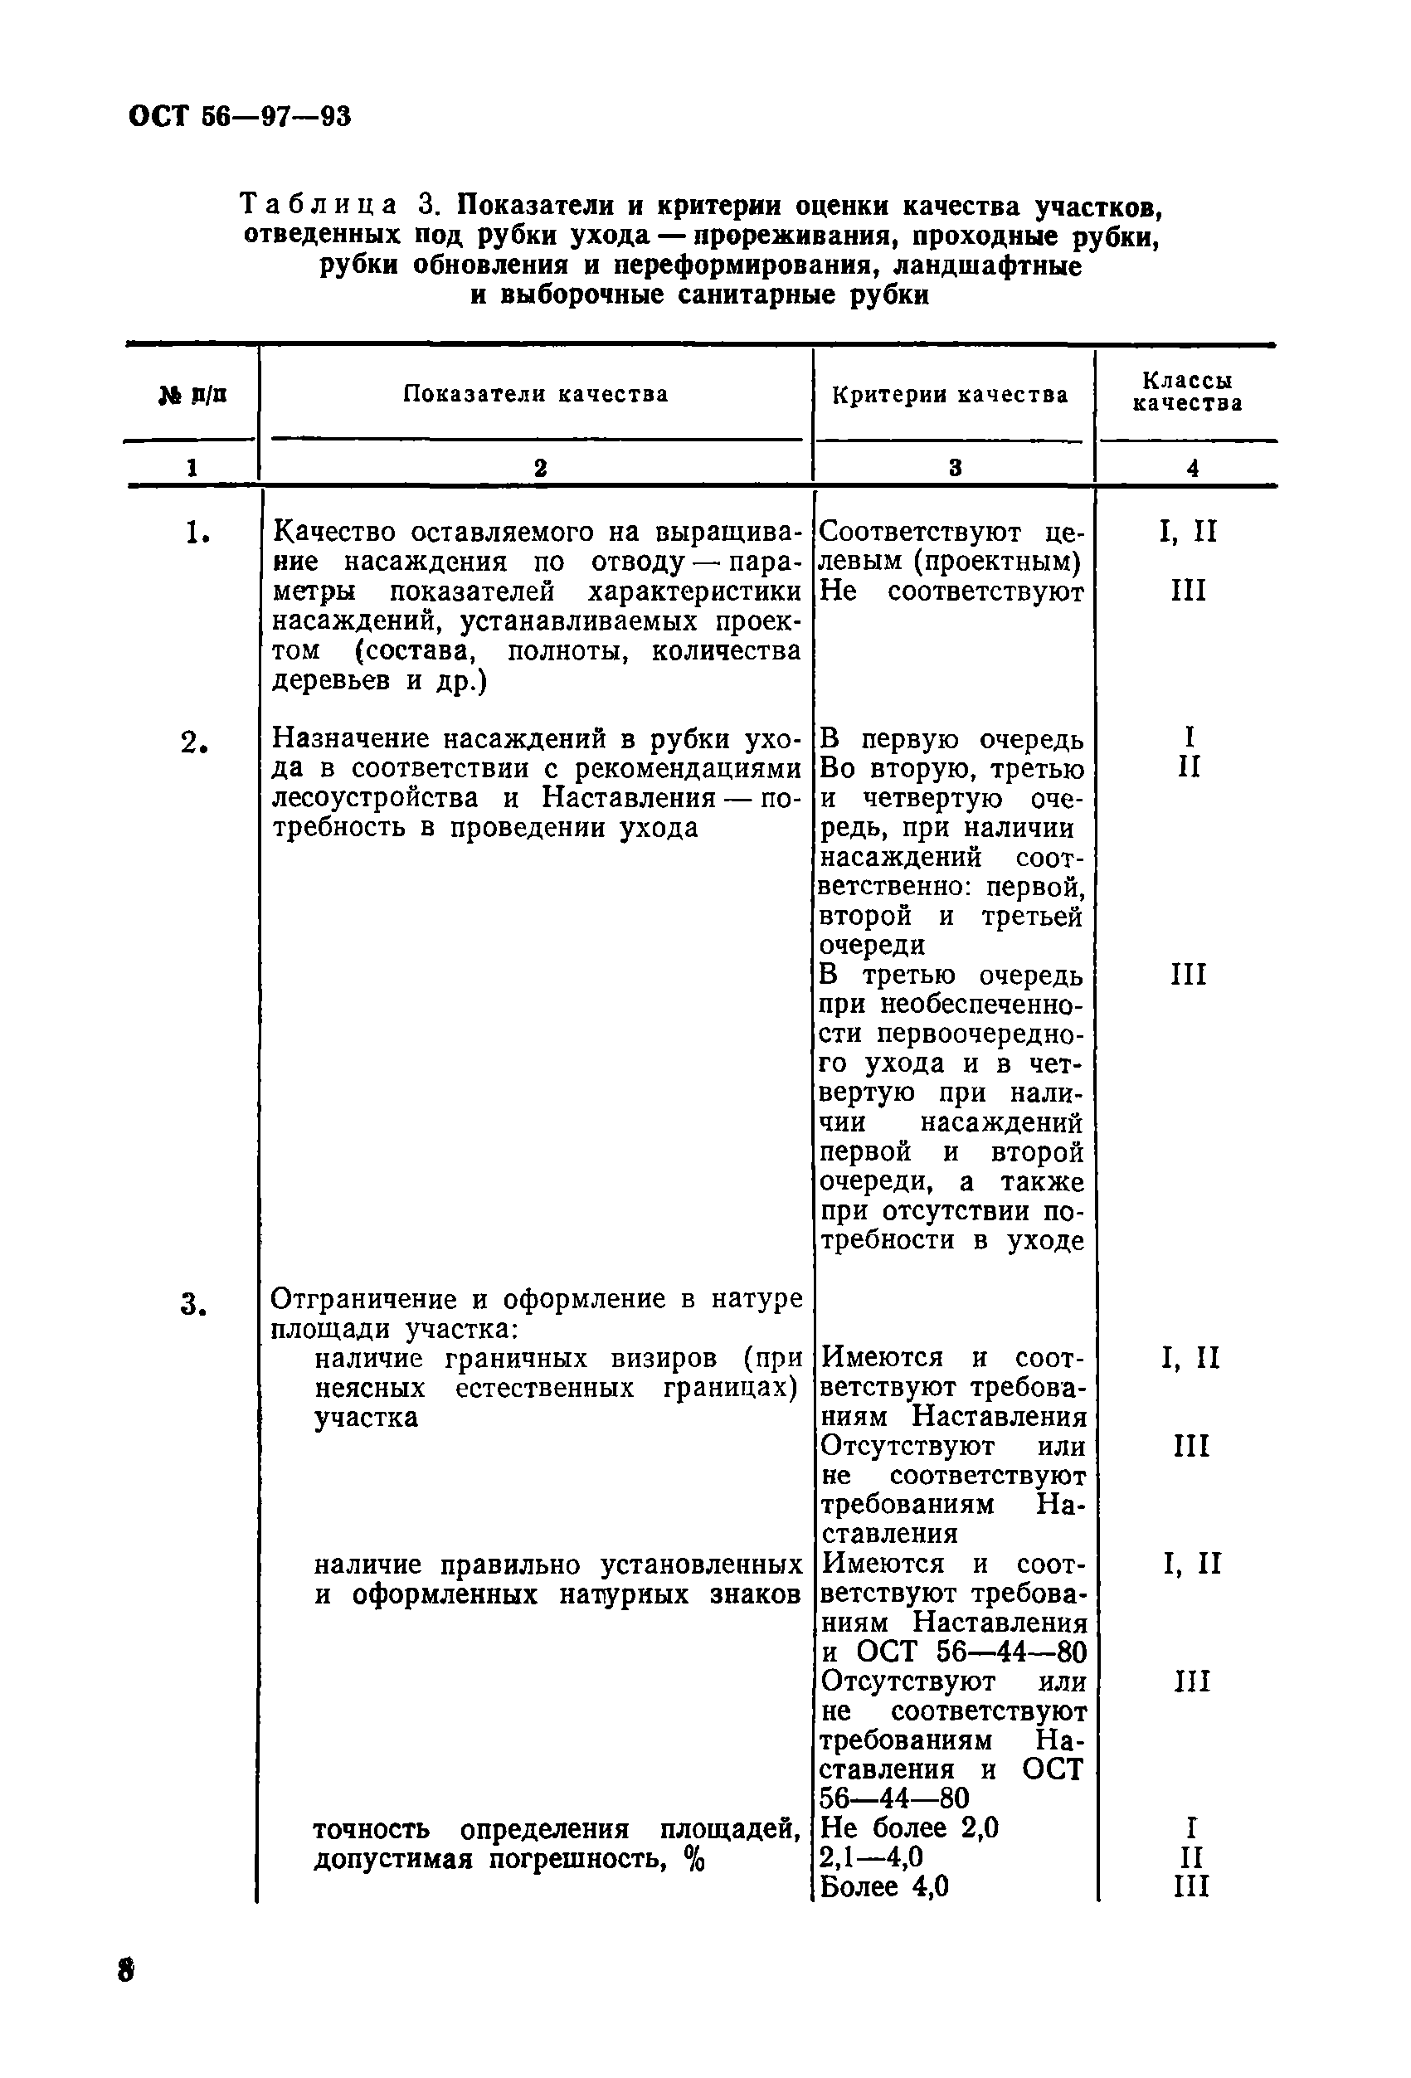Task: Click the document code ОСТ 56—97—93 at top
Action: [x=240, y=116]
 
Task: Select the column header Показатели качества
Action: [x=535, y=394]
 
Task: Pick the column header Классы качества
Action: [x=1188, y=392]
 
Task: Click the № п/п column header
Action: [x=192, y=394]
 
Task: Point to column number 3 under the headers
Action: [x=955, y=468]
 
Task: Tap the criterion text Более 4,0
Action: [x=883, y=1886]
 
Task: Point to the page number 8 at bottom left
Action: [x=126, y=1970]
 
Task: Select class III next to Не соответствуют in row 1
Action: [x=1189, y=591]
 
